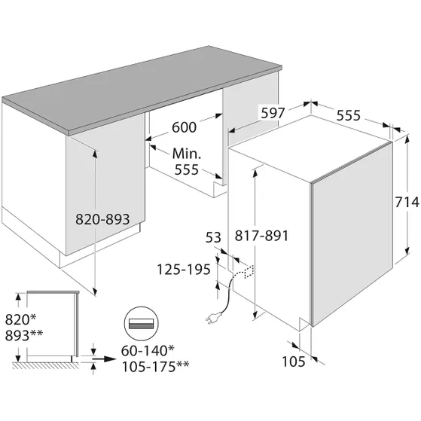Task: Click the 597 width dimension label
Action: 273,113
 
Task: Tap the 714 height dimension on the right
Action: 407,202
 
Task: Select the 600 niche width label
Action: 185,127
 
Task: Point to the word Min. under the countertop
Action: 187,154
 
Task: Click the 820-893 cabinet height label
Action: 102,219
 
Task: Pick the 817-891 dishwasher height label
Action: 261,236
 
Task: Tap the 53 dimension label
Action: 213,238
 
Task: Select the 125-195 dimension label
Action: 184,270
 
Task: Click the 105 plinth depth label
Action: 294,362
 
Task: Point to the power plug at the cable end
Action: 213,318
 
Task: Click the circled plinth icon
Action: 142,323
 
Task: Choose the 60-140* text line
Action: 148,350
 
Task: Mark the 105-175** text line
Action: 155,366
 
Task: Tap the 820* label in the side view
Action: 20,319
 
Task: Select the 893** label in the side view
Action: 24,335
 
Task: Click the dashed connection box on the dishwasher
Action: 249,272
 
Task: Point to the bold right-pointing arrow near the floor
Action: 104,358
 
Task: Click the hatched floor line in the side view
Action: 46,365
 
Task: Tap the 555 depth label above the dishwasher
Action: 349,115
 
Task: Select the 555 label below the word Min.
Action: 187,169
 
